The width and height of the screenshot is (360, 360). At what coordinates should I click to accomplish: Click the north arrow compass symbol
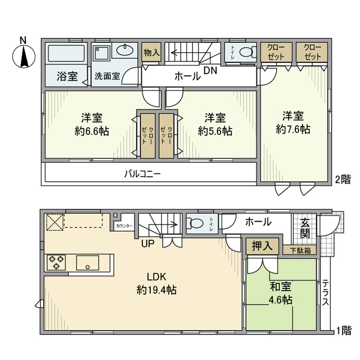click(22, 55)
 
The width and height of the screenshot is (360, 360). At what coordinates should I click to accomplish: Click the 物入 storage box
click(151, 53)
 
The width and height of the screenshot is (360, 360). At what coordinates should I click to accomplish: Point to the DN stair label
click(210, 71)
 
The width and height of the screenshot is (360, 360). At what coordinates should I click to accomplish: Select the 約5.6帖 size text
click(215, 130)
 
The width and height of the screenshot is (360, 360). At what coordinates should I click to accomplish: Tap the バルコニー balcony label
click(143, 173)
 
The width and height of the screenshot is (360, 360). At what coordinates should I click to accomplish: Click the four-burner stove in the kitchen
click(56, 263)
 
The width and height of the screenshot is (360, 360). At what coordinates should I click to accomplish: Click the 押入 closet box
click(262, 245)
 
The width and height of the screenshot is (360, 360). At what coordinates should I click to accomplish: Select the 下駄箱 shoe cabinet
click(303, 250)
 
